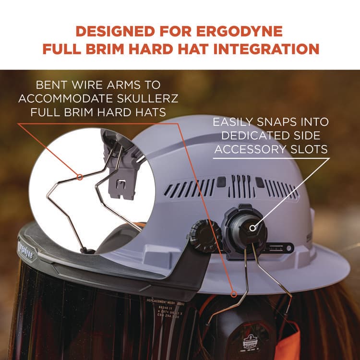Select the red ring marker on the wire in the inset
[x=80, y=177]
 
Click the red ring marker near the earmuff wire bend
[x=234, y=291]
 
